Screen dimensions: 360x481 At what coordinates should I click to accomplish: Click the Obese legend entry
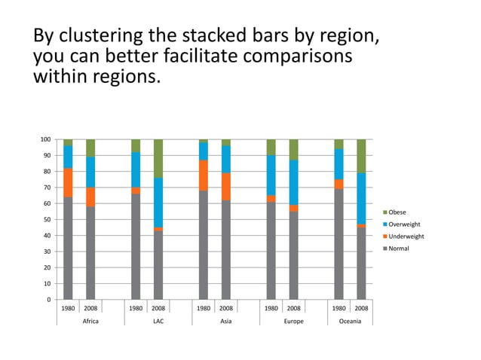coord(397,212)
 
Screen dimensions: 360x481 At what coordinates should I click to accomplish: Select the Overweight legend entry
coord(403,224)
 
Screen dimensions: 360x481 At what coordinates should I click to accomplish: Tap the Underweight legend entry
coord(404,236)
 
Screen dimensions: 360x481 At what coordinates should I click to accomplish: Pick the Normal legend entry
coord(398,249)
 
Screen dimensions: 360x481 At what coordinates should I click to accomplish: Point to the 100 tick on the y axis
coord(46,139)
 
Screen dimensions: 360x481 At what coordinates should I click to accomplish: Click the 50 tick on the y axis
coord(47,220)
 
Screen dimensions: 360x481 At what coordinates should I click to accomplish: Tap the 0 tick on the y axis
coord(49,300)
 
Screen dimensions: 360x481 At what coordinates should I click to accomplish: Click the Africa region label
coord(90,321)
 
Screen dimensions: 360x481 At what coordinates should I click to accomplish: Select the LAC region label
coord(158,321)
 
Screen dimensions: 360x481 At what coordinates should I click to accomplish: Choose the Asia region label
coord(225,321)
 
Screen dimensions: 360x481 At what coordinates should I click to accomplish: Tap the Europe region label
coord(293,321)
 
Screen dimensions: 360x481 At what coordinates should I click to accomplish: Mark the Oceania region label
coord(350,321)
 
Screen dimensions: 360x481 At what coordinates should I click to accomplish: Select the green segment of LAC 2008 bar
coord(158,158)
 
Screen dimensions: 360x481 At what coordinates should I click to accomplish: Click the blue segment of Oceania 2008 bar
coord(361,198)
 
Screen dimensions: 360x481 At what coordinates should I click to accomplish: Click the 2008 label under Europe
coord(293,308)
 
